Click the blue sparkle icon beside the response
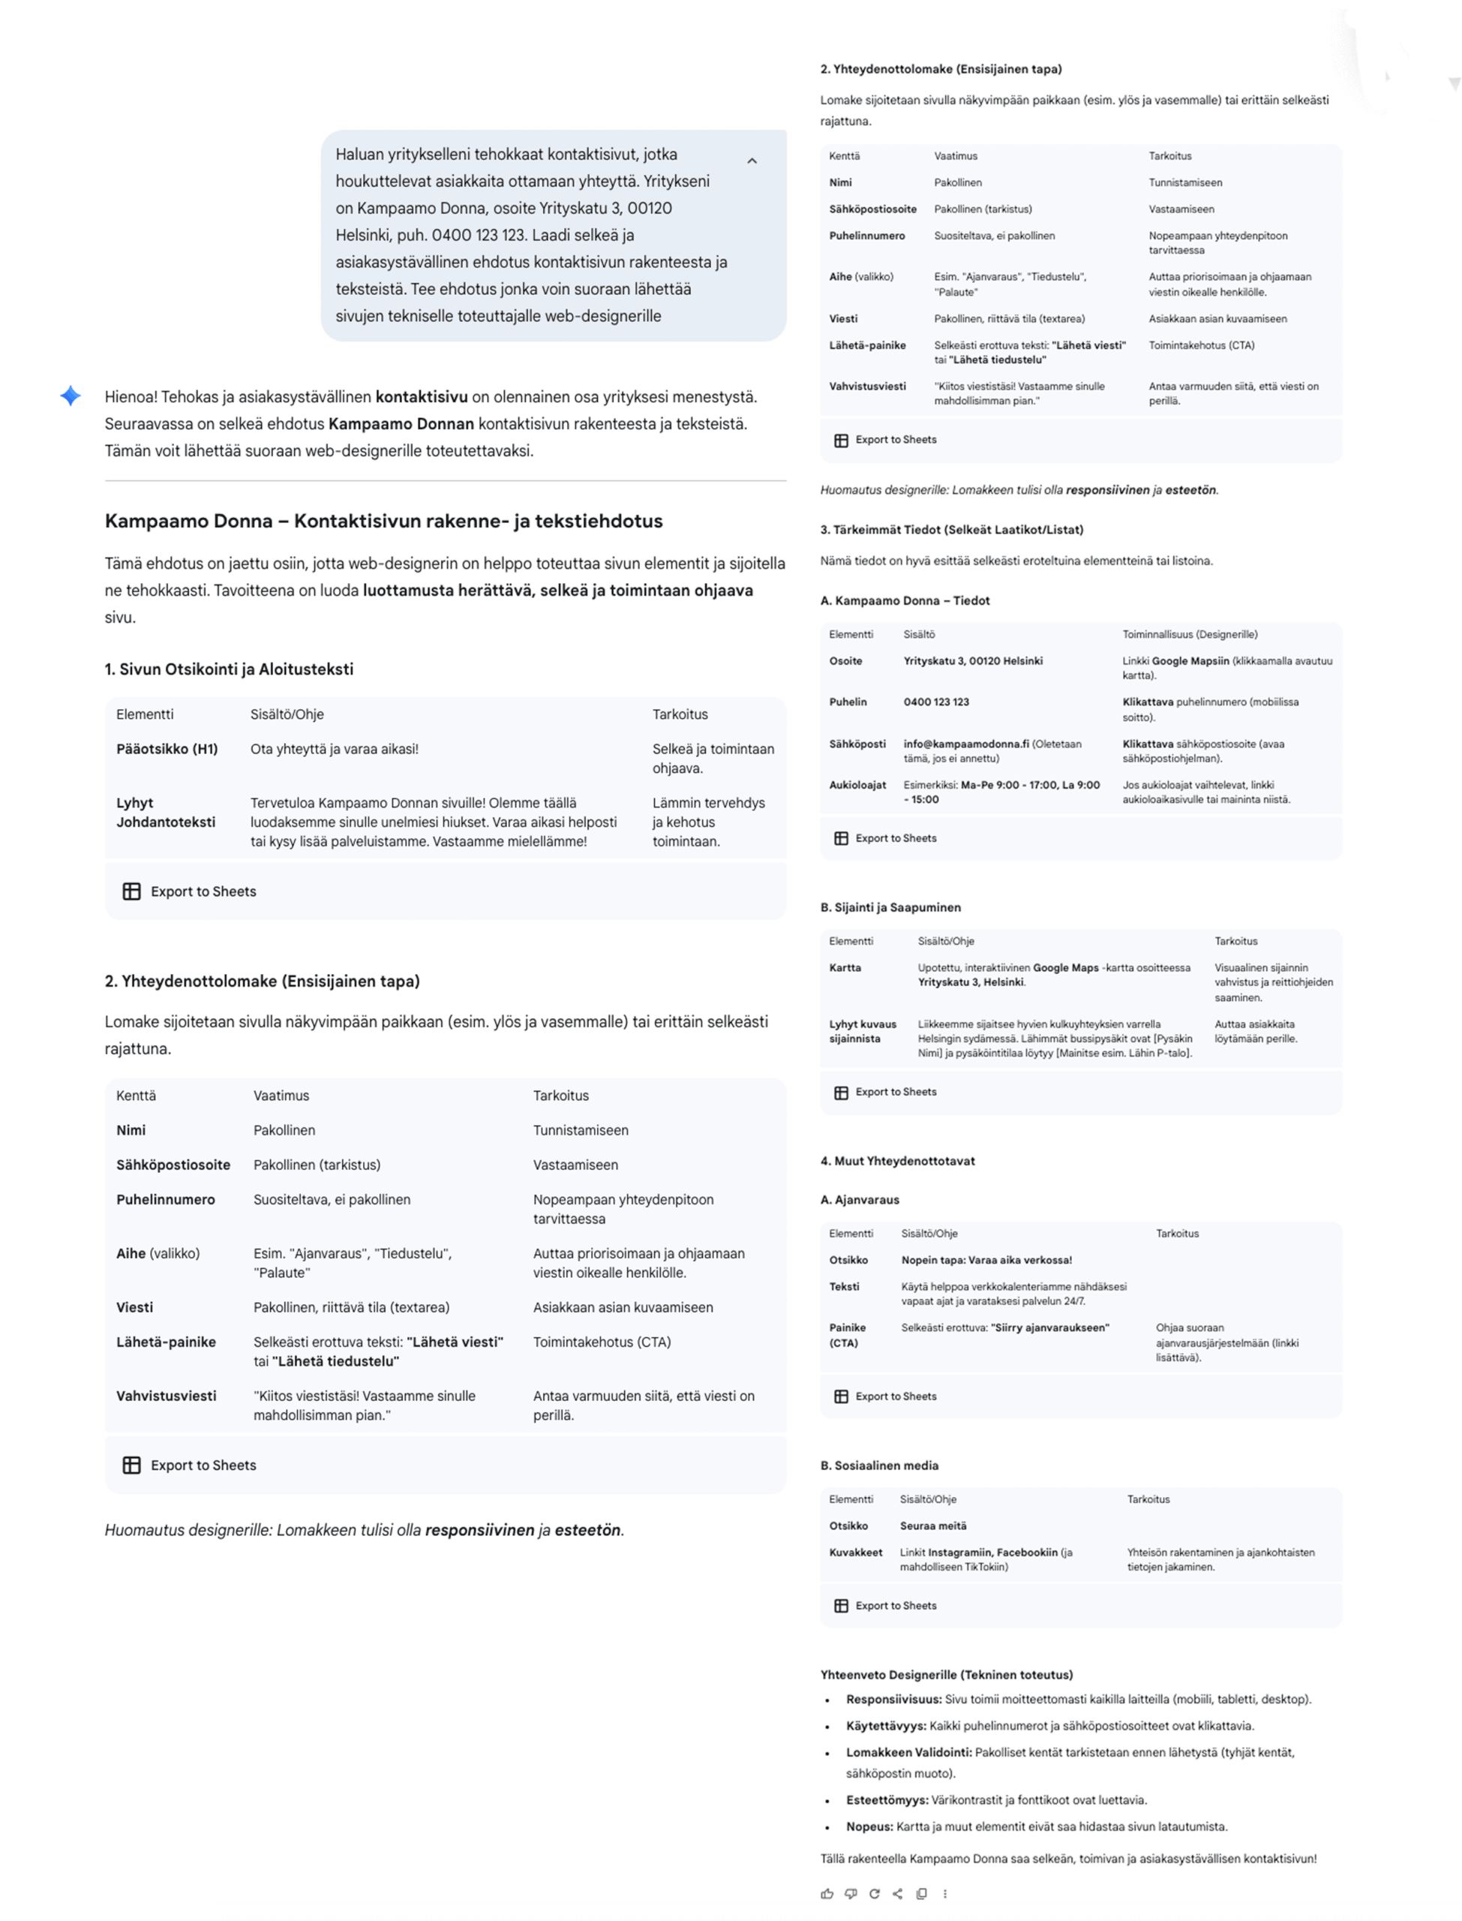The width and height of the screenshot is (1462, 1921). tap(71, 396)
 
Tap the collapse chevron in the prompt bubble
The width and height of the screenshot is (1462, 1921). tap(752, 161)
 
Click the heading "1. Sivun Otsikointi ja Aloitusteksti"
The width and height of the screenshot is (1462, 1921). tap(229, 669)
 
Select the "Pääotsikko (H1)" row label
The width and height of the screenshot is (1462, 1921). tap(167, 749)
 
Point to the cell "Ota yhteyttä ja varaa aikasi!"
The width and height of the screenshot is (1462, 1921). tap(334, 749)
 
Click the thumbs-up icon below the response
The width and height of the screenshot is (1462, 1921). tap(827, 1893)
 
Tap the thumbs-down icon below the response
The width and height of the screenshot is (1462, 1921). tap(850, 1893)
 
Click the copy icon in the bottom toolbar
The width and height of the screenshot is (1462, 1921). tap(920, 1893)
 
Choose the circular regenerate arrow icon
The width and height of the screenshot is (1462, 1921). tap(874, 1893)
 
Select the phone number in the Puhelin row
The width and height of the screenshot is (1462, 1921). tap(935, 702)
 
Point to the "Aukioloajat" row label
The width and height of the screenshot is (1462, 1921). tap(857, 784)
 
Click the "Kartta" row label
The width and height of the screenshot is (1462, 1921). tap(845, 967)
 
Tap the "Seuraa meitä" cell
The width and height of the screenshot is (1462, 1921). tap(933, 1525)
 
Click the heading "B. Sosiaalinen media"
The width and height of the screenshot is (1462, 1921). tap(879, 1465)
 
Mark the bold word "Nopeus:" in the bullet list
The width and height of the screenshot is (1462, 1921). tap(869, 1826)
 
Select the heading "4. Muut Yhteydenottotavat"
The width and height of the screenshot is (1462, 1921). tap(897, 1160)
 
